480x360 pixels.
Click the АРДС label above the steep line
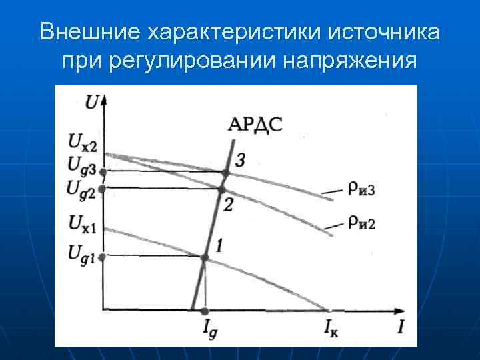pos(255,124)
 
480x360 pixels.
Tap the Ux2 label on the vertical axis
pos(83,141)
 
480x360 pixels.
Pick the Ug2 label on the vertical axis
pos(82,187)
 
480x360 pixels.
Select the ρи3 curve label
pos(360,189)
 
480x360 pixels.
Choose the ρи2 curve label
pos(360,221)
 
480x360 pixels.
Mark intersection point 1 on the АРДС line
pos(205,257)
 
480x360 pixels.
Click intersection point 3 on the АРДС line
pos(225,173)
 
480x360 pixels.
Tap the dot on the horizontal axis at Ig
pos(205,311)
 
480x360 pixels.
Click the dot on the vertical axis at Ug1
pos(102,257)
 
